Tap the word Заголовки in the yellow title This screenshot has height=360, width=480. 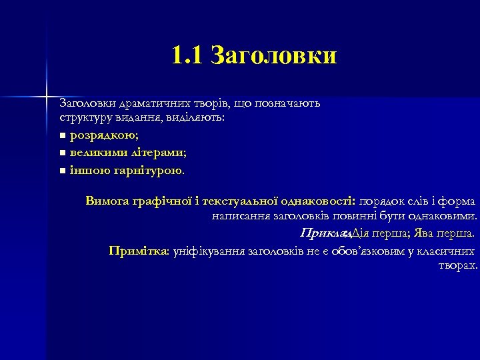tap(273, 56)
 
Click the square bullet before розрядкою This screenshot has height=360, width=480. tap(62, 136)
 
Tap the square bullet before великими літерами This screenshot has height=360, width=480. tap(62, 153)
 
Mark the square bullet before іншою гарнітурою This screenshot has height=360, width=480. tap(62, 171)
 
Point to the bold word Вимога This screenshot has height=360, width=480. tap(107, 201)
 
